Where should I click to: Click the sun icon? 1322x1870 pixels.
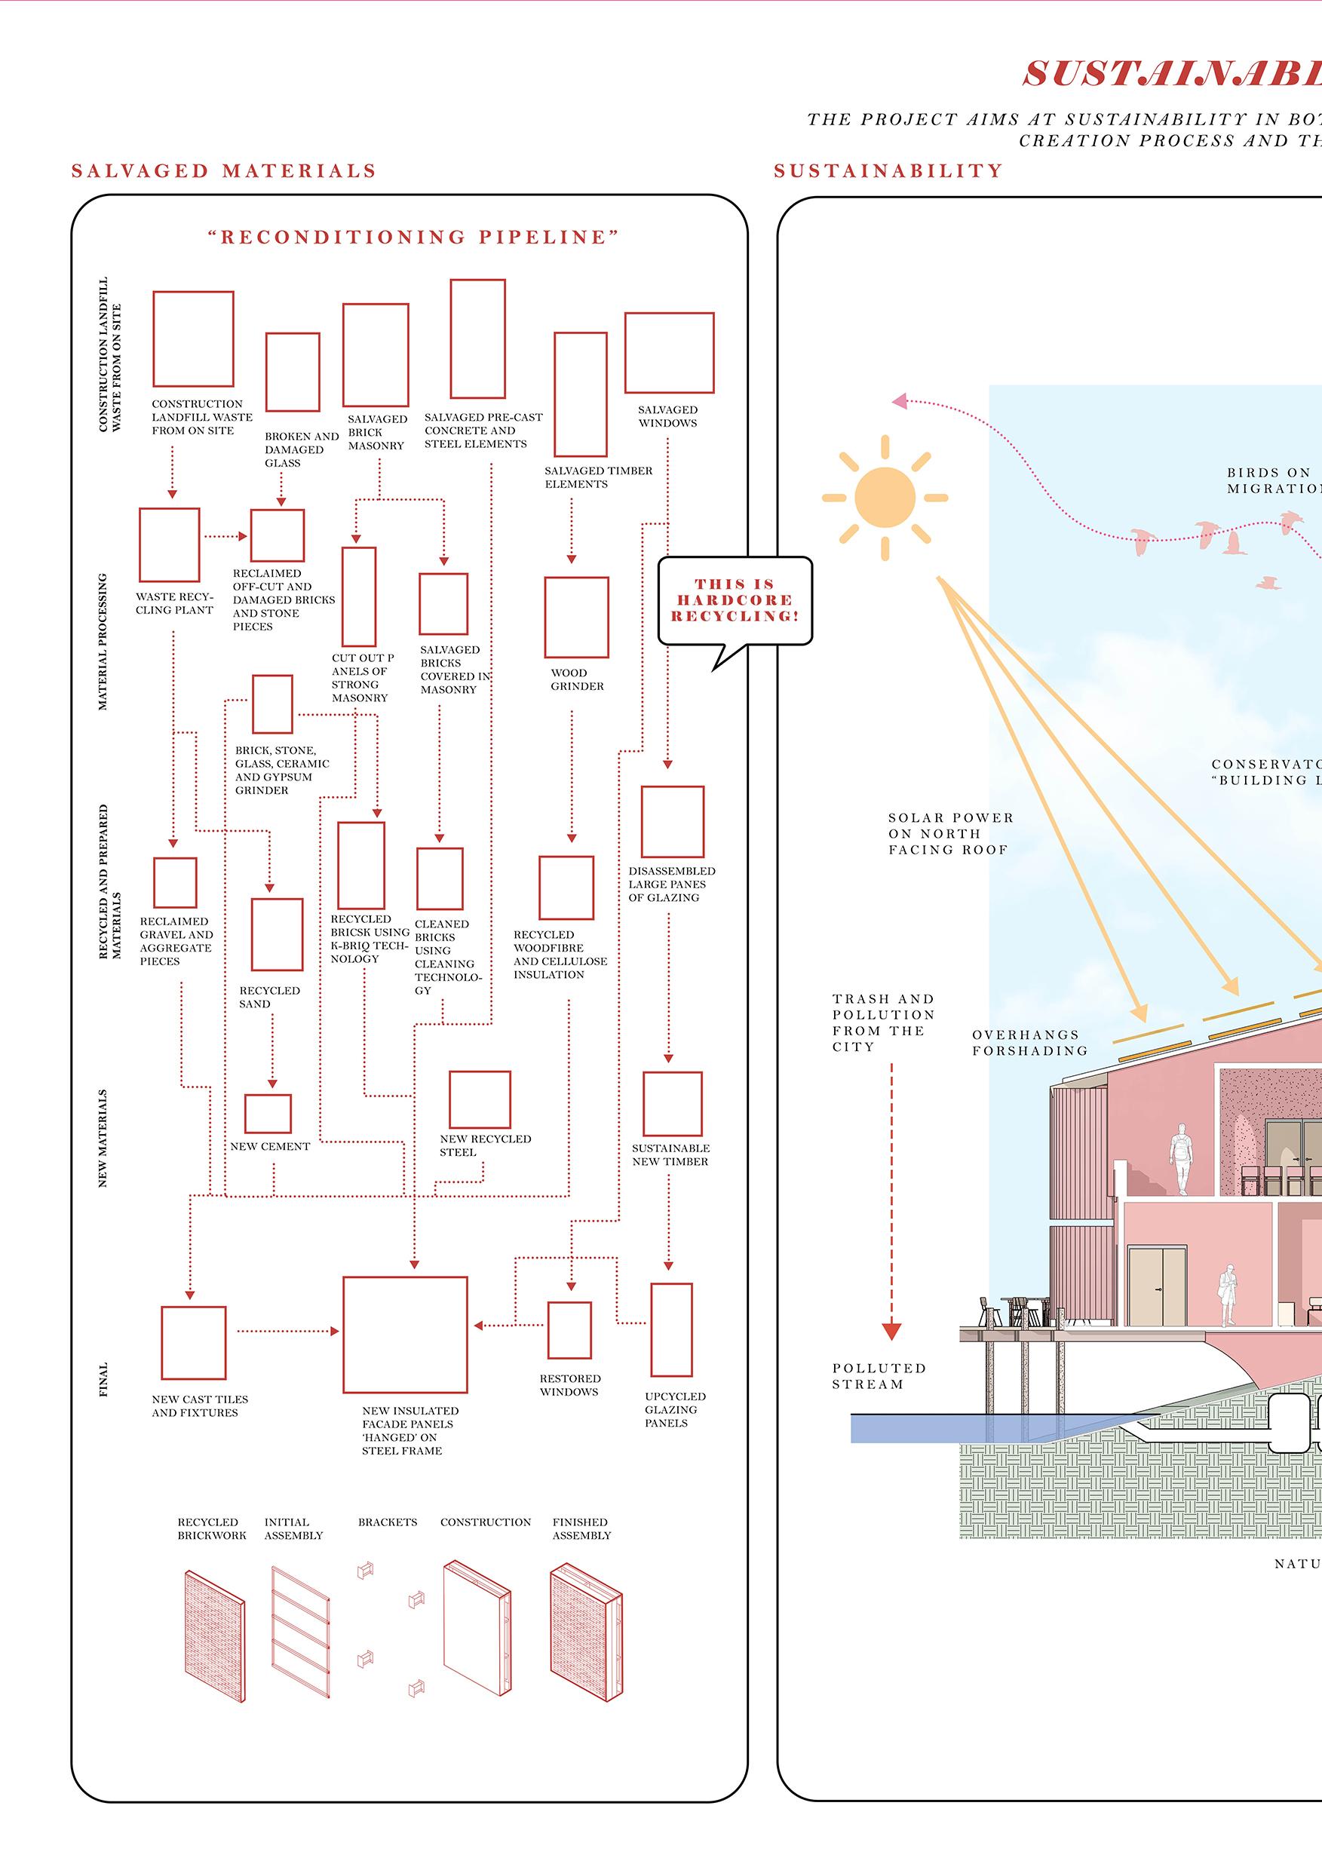[885, 497]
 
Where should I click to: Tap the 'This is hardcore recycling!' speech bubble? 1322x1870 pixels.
[735, 600]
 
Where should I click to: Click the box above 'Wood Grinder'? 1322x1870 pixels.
[577, 618]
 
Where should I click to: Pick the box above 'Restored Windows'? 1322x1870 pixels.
[569, 1330]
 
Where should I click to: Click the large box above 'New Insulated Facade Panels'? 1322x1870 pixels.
[405, 1334]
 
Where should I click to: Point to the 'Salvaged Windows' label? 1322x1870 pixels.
[668, 416]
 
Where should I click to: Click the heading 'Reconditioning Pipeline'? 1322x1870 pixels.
[413, 237]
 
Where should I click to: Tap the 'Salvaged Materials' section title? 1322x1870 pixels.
[224, 170]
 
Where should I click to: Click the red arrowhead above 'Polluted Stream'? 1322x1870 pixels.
[892, 1332]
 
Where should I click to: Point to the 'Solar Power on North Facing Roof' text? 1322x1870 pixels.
[950, 833]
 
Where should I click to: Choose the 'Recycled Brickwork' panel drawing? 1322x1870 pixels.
[214, 1635]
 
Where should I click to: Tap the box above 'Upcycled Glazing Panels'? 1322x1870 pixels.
[671, 1329]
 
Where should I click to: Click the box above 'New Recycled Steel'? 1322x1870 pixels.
[480, 1099]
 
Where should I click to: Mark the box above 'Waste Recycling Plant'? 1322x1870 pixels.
[170, 545]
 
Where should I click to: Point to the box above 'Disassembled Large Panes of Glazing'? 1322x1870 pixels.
[672, 821]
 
